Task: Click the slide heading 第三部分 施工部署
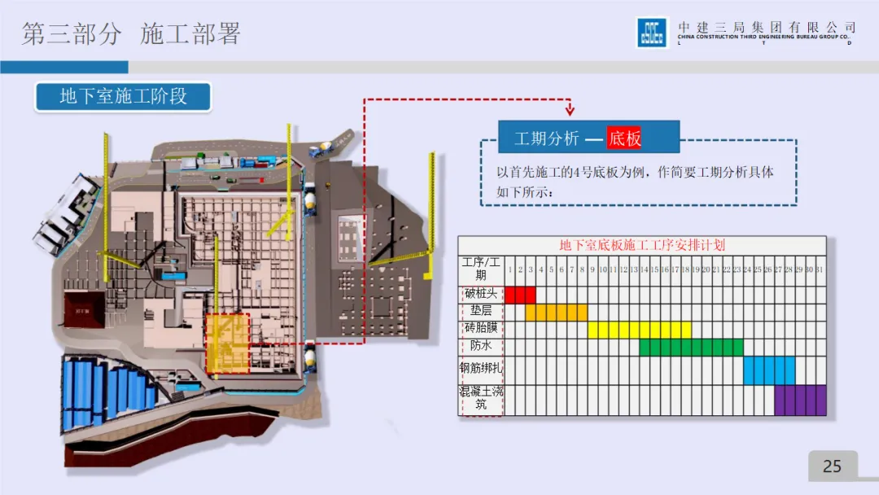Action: [x=131, y=34]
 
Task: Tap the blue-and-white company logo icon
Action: [x=652, y=33]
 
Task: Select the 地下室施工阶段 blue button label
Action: [x=123, y=96]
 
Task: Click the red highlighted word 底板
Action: [x=624, y=138]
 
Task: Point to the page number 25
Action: [x=832, y=466]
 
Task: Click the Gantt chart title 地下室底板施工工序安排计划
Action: [x=641, y=244]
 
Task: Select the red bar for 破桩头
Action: [x=520, y=294]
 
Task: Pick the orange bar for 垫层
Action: [x=556, y=312]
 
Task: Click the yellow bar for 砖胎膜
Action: [x=639, y=329]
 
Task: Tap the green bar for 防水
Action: [x=691, y=347]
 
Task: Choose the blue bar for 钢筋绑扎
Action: [x=768, y=370]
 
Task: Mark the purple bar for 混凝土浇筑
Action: [x=799, y=400]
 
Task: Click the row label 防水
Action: [x=480, y=346]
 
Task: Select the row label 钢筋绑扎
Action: [x=481, y=369]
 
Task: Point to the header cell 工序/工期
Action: [x=480, y=269]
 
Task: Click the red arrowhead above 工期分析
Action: [x=570, y=110]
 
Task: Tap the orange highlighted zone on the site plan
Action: [x=227, y=342]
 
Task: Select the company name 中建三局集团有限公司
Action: [x=767, y=28]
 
